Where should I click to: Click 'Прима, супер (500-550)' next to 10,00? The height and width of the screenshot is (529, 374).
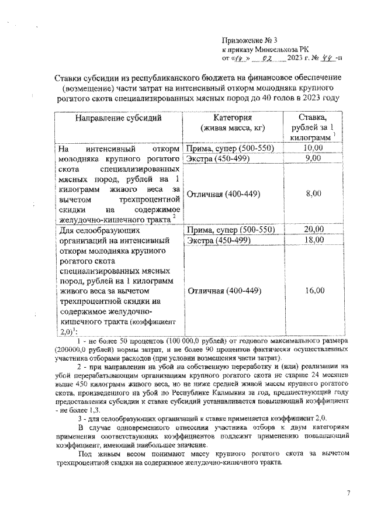coord(228,148)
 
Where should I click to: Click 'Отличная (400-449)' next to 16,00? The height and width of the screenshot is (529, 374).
coord(223,290)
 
